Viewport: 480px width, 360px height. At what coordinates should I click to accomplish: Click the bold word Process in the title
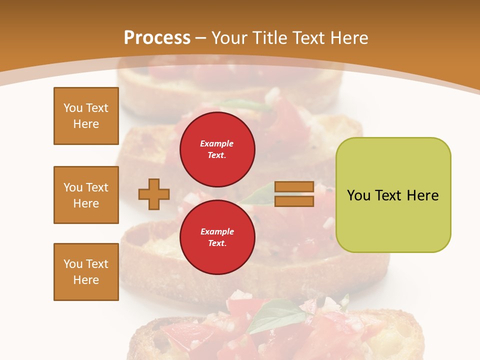pyautogui.click(x=157, y=38)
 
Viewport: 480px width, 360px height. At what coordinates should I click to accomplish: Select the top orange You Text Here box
pyautogui.click(x=86, y=116)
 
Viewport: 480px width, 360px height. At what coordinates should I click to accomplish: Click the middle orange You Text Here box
pyautogui.click(x=86, y=195)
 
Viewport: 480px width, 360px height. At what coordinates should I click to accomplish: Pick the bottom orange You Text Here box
pyautogui.click(x=86, y=272)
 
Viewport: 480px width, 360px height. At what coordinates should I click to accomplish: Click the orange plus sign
pyautogui.click(x=154, y=194)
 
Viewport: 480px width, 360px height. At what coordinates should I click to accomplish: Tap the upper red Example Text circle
pyautogui.click(x=217, y=149)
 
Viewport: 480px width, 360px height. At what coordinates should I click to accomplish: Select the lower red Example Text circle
pyautogui.click(x=217, y=237)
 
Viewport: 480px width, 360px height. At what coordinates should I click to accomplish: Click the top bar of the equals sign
pyautogui.click(x=294, y=187)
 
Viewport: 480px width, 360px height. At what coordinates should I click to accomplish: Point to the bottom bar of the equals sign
pyautogui.click(x=294, y=201)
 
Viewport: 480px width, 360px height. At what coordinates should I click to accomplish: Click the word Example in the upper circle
pyautogui.click(x=217, y=144)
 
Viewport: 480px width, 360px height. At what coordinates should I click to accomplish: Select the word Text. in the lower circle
pyautogui.click(x=217, y=243)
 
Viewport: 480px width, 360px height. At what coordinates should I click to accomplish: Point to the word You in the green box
pyautogui.click(x=358, y=195)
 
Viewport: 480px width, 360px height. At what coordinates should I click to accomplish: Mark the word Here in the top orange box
pyautogui.click(x=86, y=124)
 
